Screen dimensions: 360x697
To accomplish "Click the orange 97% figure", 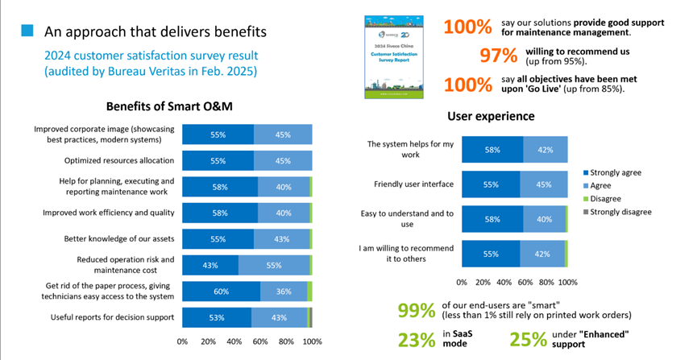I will (498, 56).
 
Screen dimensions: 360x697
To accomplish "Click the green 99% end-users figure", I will (417, 310).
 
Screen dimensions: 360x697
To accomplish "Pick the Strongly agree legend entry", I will (616, 172).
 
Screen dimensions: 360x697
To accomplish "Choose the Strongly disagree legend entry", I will (620, 212).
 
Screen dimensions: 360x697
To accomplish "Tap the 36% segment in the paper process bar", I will (282, 292).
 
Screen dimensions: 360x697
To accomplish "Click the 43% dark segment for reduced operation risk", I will (210, 265).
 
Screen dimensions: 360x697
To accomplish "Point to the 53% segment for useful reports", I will (217, 317).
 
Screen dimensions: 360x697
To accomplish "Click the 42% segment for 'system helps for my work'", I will (545, 149).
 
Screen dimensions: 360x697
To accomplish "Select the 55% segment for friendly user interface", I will (491, 184).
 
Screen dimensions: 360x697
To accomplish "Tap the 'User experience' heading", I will (490, 116).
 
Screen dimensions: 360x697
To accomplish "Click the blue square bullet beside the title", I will (27, 31).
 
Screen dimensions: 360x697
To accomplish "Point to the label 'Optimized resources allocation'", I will (114, 160).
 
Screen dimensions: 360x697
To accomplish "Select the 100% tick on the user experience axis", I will (567, 283).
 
